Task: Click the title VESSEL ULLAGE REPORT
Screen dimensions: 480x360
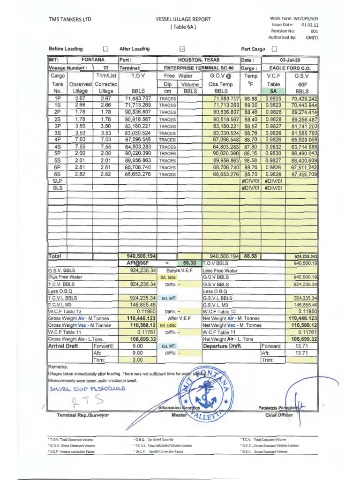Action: point(182,19)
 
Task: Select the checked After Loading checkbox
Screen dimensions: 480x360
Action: point(182,49)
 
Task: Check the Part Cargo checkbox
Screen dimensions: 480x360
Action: point(275,49)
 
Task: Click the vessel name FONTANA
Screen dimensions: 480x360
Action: point(93,60)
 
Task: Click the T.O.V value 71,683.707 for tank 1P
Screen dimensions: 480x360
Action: point(138,99)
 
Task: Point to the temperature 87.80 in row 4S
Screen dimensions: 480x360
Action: point(250,146)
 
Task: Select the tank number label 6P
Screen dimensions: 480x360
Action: point(58,167)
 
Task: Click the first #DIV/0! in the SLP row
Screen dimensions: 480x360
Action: point(250,180)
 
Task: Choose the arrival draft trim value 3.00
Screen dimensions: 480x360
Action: point(137,360)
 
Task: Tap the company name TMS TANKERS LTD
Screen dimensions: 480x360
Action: point(70,19)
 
